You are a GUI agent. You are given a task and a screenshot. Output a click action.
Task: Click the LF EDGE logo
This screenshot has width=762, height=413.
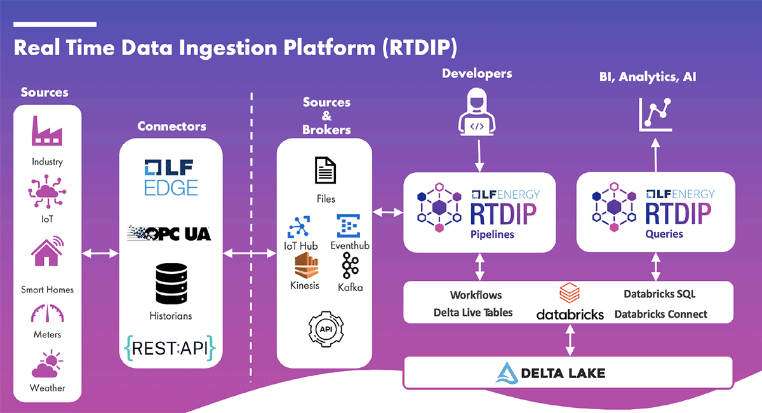(171, 177)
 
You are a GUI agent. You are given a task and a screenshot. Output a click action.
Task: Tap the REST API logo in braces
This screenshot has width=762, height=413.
(171, 348)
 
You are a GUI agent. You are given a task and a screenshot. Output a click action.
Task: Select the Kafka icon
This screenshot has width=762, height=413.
(351, 266)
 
